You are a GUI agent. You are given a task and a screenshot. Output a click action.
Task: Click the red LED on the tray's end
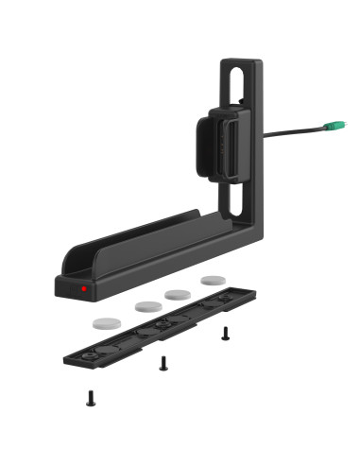point(84,288)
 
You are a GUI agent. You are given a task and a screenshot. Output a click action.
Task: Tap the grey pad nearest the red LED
point(107,323)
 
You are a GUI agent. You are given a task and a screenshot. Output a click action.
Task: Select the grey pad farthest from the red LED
point(213,281)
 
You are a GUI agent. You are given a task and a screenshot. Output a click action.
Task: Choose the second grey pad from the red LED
point(148,307)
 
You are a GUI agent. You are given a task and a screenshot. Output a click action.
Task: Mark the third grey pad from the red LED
point(178,295)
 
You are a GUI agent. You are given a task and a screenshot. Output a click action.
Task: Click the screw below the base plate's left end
point(91,398)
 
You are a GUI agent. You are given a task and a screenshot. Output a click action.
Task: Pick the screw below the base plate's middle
point(163,363)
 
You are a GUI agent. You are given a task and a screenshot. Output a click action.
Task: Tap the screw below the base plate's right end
point(225,333)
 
